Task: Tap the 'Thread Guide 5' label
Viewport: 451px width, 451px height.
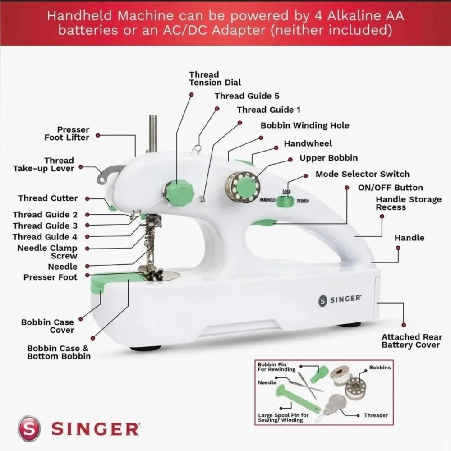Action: click(x=247, y=96)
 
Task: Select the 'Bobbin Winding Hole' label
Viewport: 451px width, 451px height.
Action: click(x=304, y=125)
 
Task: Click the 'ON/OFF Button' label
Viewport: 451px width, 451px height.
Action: click(x=390, y=188)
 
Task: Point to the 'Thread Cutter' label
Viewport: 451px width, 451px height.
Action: click(x=48, y=198)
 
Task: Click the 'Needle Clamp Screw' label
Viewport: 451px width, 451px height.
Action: click(x=47, y=252)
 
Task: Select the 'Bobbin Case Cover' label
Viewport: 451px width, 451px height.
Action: click(x=47, y=326)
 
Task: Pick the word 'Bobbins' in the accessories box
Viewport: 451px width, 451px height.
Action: click(x=380, y=368)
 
